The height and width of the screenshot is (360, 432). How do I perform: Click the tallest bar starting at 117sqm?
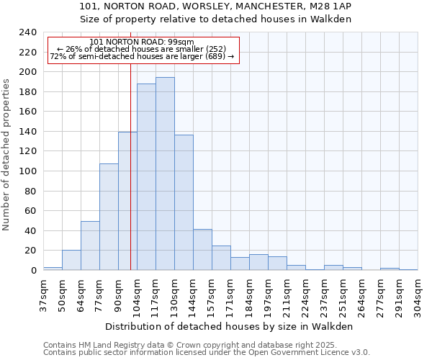[x=165, y=174]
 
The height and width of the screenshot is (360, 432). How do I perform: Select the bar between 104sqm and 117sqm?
[x=146, y=177]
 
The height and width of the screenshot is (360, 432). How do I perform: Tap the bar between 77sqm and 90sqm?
[x=109, y=217]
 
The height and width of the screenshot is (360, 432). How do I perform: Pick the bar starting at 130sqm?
[x=184, y=202]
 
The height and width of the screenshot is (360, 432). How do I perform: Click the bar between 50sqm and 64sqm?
[x=71, y=260]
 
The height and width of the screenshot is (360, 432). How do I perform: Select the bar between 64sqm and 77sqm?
[x=90, y=246]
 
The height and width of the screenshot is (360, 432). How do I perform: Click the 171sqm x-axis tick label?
[x=231, y=295]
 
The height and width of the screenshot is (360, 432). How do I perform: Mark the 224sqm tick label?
[x=306, y=295]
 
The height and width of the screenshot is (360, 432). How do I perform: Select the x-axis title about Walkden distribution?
[x=229, y=326]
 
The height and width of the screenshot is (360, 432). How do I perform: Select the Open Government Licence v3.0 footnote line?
[x=207, y=353]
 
